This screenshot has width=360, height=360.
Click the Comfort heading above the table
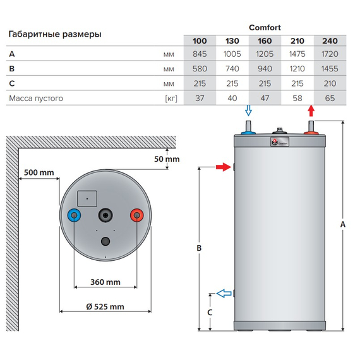point(265,27)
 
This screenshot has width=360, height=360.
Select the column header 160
point(264,42)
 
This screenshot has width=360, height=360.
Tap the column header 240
point(330,42)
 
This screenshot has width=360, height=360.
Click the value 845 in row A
point(199,54)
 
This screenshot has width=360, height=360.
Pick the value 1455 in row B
point(330,69)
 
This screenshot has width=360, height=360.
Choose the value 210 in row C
point(330,83)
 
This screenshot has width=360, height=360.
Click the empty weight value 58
point(297,98)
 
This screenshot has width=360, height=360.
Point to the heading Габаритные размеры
point(55,35)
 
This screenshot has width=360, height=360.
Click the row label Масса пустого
point(35,98)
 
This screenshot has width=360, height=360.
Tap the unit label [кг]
point(169,98)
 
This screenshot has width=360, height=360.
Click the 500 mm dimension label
point(39,172)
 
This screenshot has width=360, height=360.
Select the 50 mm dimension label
point(167,159)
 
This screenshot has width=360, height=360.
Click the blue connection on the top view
point(75,216)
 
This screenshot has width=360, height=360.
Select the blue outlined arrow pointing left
point(223,293)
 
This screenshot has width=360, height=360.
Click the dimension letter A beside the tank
point(342,224)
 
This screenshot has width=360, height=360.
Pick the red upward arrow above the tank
point(310,112)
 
